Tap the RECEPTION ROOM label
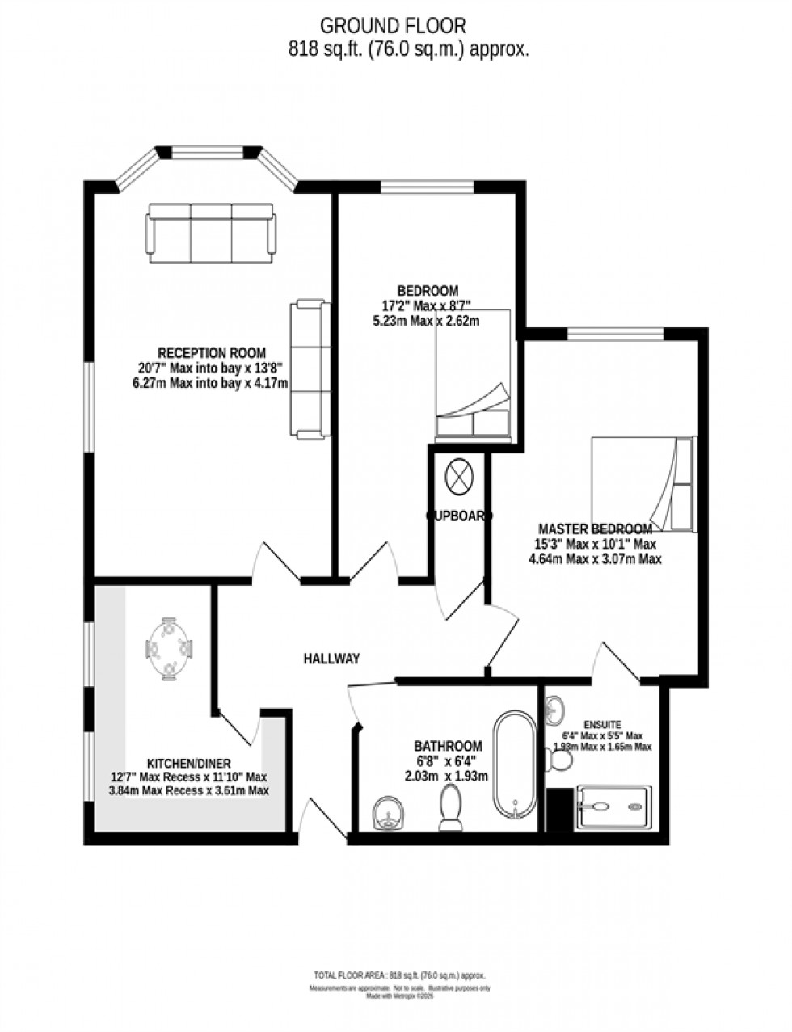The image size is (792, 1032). [x=212, y=352]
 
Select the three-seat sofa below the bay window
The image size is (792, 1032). [x=211, y=233]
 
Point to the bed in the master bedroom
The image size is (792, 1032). [x=642, y=483]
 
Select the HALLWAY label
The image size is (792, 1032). [x=331, y=659]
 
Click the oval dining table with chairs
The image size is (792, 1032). [x=170, y=647]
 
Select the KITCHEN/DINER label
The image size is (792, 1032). [x=189, y=764]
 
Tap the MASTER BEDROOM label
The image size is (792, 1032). [x=595, y=529]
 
